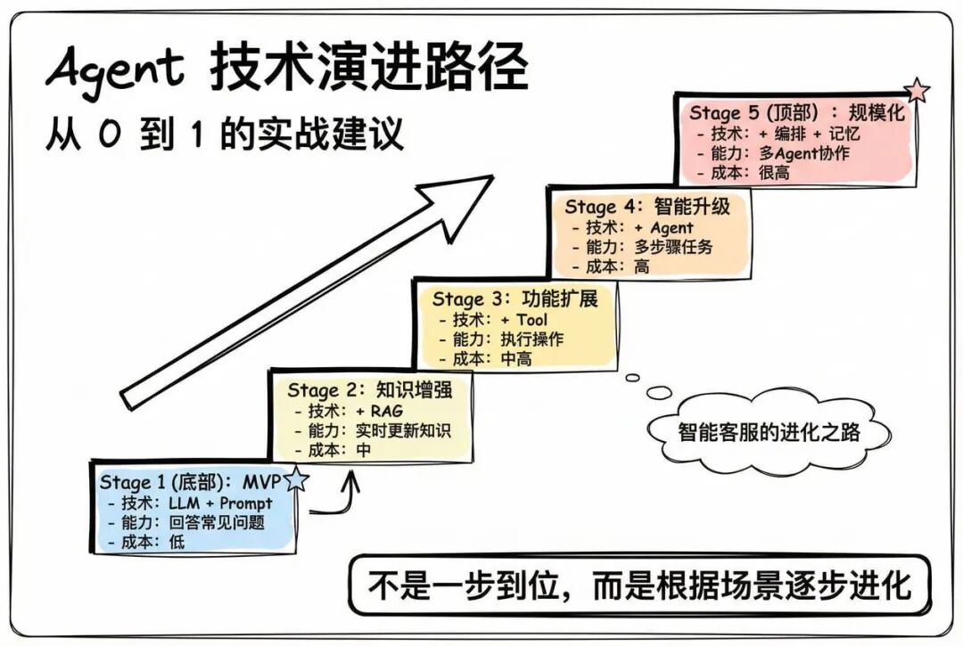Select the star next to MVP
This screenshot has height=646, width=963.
pos(297,481)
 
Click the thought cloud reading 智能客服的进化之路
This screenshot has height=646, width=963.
pos(769,433)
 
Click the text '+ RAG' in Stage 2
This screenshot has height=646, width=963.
pos(379,411)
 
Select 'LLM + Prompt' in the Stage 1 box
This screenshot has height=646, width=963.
pos(219,503)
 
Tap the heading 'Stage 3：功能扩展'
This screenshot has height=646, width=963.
pos(514,298)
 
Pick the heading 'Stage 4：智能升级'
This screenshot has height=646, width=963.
pos(647,206)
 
